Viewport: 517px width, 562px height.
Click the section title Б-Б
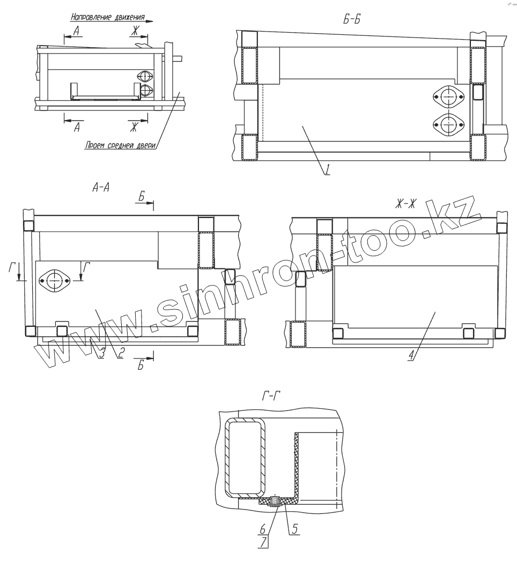click(x=351, y=19)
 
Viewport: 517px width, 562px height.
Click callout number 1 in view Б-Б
click(x=327, y=169)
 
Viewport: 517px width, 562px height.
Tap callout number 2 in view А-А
click(x=121, y=354)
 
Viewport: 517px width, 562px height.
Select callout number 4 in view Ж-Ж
click(x=411, y=355)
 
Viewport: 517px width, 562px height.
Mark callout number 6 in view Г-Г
click(x=262, y=528)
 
